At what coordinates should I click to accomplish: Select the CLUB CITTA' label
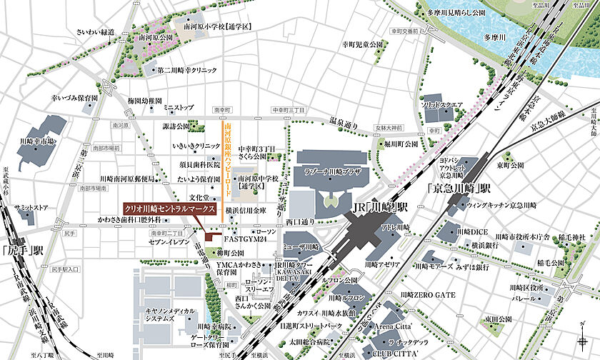coord(393,352)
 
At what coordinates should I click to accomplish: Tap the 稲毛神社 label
coord(571,237)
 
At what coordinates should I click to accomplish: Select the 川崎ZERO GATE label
coord(429,294)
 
